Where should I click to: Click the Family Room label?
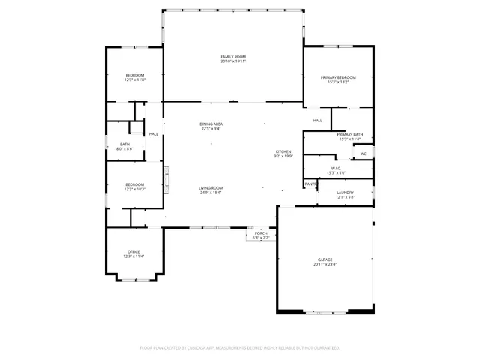(233, 57)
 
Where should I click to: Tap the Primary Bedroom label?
(338, 78)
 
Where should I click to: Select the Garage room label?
(325, 259)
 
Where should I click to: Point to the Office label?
(133, 251)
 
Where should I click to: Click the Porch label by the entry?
(261, 233)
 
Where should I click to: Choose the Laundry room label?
(345, 193)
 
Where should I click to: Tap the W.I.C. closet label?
(335, 169)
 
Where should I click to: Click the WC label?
(363, 154)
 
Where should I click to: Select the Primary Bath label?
(349, 134)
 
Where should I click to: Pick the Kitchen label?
(283, 152)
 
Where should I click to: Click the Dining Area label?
(211, 124)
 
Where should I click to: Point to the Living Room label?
(211, 188)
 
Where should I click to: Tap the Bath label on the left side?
(124, 145)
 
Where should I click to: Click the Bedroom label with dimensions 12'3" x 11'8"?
(134, 75)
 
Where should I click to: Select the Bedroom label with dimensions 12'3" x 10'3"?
(134, 184)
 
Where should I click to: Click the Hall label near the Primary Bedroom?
(318, 120)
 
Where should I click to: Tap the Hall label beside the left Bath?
(154, 134)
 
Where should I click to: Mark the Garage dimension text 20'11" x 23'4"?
(325, 264)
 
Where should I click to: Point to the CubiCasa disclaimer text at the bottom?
(240, 348)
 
